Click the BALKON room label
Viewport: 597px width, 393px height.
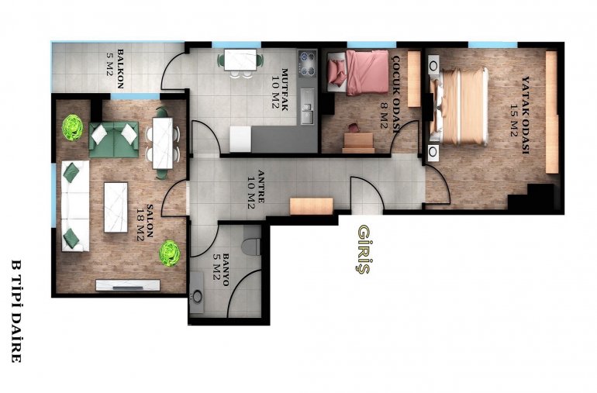[120, 68]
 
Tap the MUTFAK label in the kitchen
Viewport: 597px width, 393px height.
[284, 89]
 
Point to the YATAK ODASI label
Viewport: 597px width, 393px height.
[526, 115]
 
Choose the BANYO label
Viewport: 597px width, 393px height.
[226, 270]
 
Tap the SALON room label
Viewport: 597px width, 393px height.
[150, 221]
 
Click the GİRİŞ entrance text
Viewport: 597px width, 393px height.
[364, 250]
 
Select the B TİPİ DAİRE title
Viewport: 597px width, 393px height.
[16, 311]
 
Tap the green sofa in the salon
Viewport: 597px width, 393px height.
[114, 140]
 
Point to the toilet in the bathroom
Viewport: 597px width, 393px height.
[251, 241]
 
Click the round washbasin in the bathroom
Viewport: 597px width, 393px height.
[197, 296]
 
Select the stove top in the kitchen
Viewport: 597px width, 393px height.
[307, 64]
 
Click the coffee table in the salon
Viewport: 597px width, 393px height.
[116, 207]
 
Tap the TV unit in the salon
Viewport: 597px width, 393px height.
[128, 285]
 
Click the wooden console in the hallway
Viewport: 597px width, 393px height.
[312, 206]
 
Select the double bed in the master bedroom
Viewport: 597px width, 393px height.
[459, 106]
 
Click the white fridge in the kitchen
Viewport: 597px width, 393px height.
[240, 140]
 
